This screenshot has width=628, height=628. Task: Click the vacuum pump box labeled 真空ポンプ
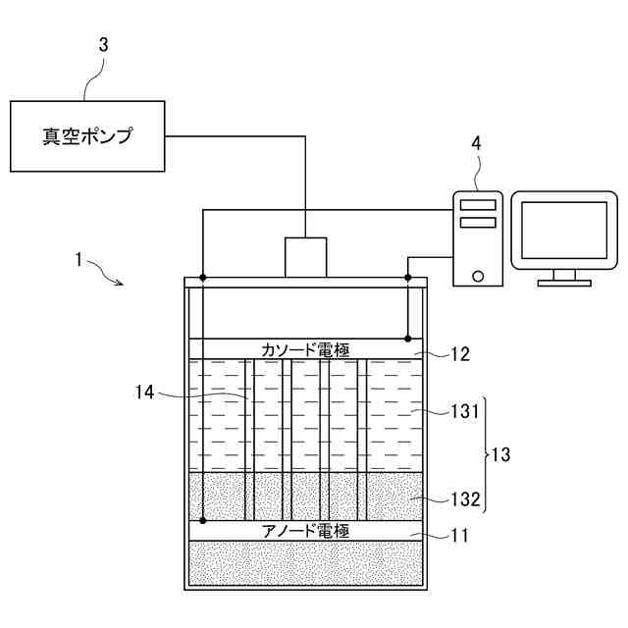click(85, 136)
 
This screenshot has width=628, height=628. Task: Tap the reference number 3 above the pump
click(103, 45)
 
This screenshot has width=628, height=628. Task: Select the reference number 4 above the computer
click(476, 143)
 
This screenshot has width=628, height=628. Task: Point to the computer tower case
click(478, 237)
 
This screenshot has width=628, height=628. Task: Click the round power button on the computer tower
click(478, 276)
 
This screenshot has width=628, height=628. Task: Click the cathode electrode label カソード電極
click(305, 349)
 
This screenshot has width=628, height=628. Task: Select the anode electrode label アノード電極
click(305, 531)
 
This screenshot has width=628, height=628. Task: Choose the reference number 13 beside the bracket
click(501, 456)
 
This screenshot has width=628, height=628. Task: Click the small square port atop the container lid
click(305, 257)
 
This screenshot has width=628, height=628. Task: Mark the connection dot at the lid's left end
click(202, 278)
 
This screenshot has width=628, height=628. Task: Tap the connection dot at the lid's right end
click(408, 278)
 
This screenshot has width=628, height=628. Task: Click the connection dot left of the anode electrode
click(202, 520)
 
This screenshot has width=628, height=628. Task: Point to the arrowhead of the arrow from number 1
click(121, 284)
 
